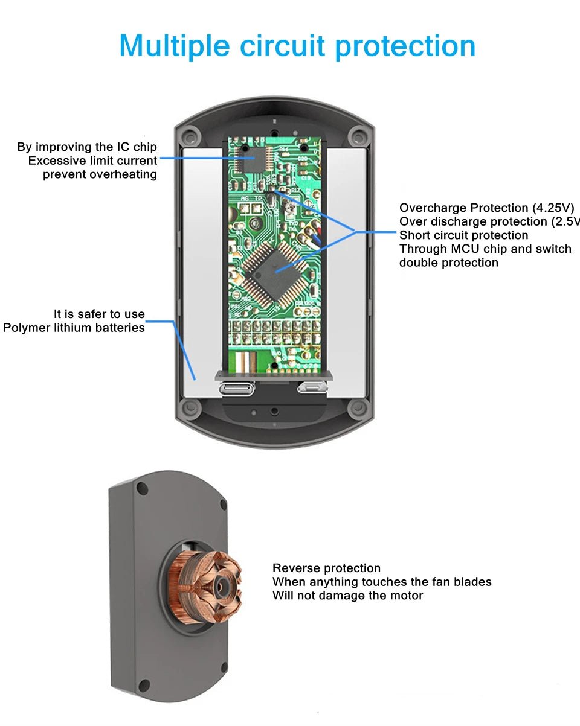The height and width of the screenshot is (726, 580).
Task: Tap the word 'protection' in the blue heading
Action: pyautogui.click(x=405, y=47)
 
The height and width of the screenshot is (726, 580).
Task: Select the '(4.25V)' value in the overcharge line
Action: pyautogui.click(x=553, y=208)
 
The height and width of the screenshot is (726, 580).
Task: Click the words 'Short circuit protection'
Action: pyautogui.click(x=463, y=235)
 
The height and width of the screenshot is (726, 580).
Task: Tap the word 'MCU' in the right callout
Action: pyautogui.click(x=464, y=249)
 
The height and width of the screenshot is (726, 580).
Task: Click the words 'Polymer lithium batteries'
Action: pyautogui.click(x=74, y=328)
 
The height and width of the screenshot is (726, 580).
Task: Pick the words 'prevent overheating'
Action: pyautogui.click(x=100, y=174)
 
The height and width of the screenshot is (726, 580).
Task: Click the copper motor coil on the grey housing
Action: pyautogui.click(x=208, y=585)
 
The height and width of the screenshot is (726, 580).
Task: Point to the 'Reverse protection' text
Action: pyautogui.click(x=326, y=568)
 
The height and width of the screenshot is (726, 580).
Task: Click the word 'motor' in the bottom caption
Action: pyautogui.click(x=405, y=596)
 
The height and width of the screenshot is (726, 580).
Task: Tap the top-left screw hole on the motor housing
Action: pyautogui.click(x=142, y=489)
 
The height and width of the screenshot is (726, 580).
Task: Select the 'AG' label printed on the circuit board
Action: pyautogui.click(x=245, y=198)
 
